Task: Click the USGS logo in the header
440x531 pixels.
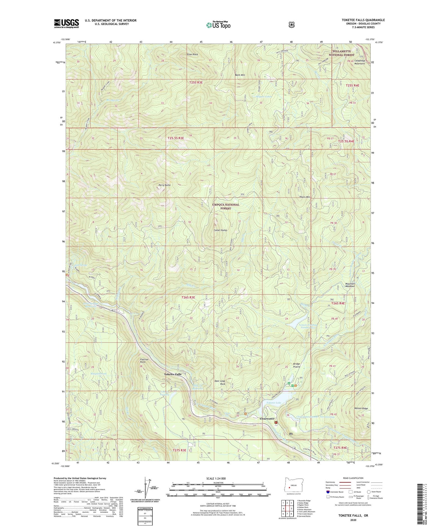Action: pos(66,23)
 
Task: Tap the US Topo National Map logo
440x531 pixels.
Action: pos(218,25)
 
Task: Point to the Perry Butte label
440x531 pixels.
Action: pos(164,185)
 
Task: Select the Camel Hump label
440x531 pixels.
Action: pos(220,230)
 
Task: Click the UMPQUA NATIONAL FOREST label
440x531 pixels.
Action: pos(226,206)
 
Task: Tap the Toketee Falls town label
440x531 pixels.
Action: pos(173,374)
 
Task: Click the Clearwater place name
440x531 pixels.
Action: pos(267,418)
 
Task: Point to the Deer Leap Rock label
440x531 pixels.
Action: pos(220,382)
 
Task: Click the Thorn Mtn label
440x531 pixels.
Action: pos(304,197)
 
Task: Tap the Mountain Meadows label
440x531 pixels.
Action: pos(350,285)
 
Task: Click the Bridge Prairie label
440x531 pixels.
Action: pos(297,365)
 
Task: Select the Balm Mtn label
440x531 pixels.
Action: pos(240,75)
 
